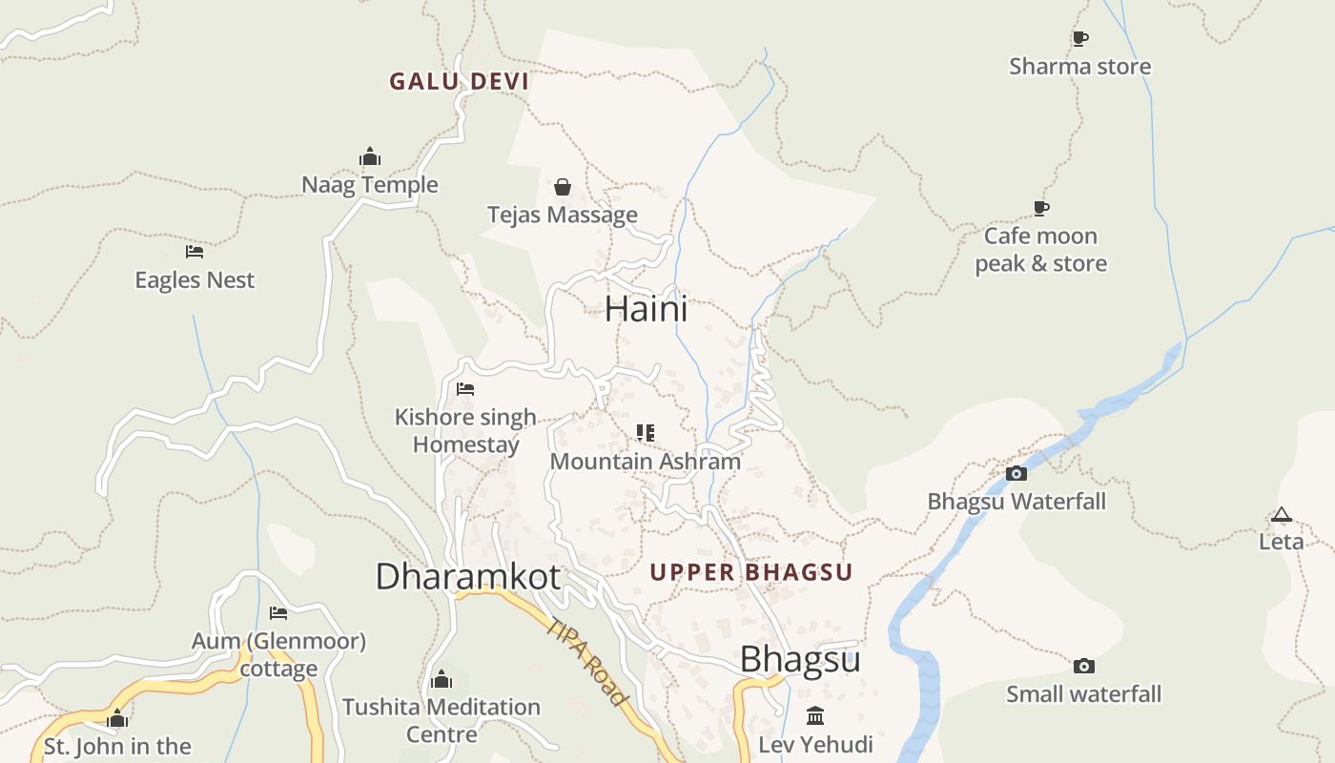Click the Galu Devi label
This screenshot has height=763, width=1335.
(459, 82)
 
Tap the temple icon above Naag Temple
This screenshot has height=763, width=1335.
(370, 157)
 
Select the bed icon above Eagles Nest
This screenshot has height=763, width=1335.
(195, 252)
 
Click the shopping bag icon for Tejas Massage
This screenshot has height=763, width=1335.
(563, 187)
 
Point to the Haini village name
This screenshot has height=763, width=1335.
(646, 309)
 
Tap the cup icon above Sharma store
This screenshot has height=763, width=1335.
(1079, 39)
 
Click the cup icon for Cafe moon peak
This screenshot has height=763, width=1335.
(1041, 209)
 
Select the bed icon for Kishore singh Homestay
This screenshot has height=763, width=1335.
(465, 389)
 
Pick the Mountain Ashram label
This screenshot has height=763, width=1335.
(646, 462)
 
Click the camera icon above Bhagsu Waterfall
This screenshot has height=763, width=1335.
(1017, 473)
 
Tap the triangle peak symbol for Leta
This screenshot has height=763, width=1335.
(1281, 515)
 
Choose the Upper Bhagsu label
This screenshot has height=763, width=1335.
(750, 572)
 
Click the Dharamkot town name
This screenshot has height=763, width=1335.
(467, 577)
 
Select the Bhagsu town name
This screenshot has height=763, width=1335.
(800, 659)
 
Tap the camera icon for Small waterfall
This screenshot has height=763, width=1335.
(1083, 667)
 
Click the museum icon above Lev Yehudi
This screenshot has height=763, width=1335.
(815, 716)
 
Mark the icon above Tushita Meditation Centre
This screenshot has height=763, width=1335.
(441, 680)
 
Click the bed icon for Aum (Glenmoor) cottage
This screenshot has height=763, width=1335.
(278, 613)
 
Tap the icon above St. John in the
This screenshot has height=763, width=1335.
(117, 719)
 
